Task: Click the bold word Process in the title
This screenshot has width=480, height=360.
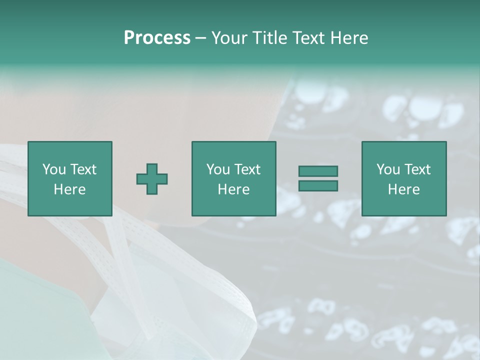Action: coord(157,38)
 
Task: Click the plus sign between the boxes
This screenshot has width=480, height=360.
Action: coord(152,179)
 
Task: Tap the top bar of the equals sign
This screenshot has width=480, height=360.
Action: coord(318,171)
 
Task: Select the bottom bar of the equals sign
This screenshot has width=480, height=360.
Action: coord(318,185)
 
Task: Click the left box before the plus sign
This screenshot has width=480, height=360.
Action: coord(69,178)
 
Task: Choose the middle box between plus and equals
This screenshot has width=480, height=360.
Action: coord(233,178)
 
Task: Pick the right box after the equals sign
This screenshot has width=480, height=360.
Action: coord(403,178)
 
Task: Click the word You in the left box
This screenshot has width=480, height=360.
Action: coord(54,169)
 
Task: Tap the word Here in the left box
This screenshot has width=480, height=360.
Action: coord(69,189)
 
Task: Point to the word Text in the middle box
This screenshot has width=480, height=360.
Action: coord(247,169)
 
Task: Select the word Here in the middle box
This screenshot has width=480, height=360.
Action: coord(233,189)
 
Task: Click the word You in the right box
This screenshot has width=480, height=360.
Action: coord(388,169)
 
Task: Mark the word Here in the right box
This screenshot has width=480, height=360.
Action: coord(403,189)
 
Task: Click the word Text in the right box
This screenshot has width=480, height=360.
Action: coord(417,169)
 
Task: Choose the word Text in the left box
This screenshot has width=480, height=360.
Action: coord(83,169)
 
